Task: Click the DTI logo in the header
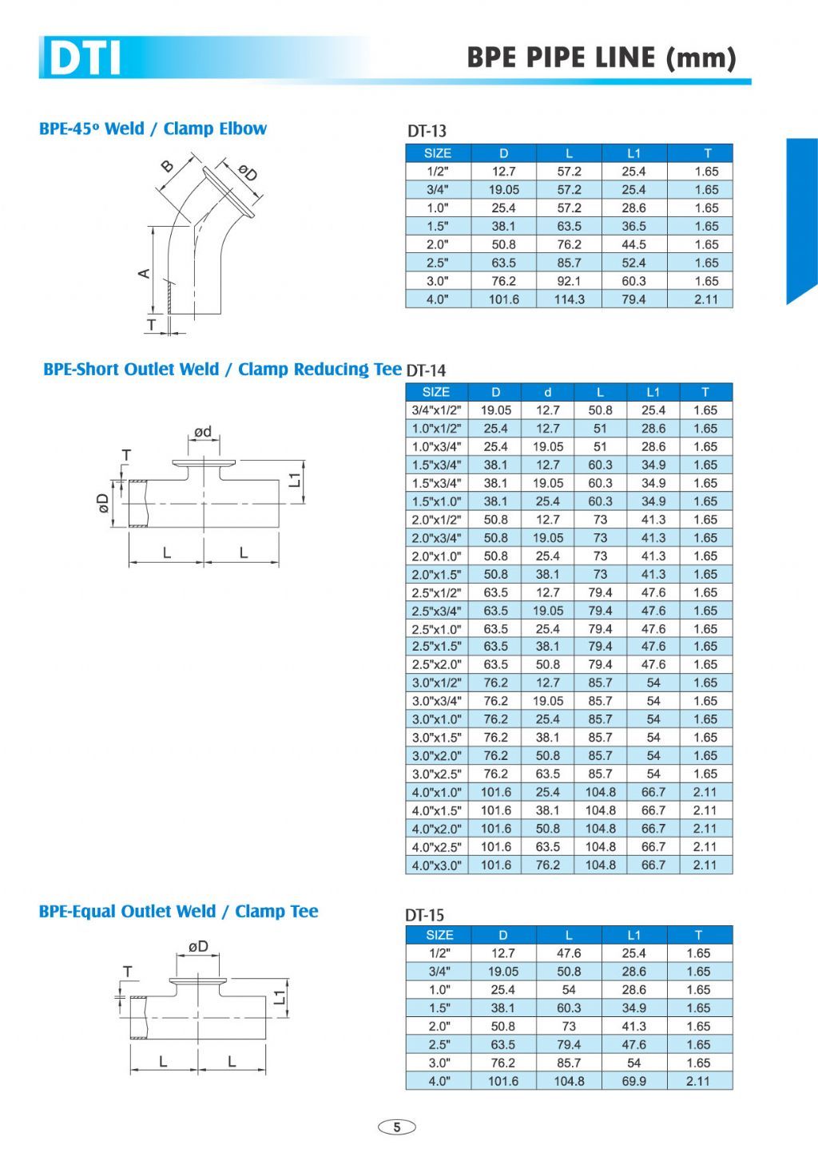click(84, 58)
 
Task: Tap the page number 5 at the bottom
click(397, 1127)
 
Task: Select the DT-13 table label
click(427, 131)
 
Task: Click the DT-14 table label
click(426, 370)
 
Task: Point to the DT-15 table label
click(424, 915)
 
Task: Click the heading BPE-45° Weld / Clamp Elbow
click(153, 129)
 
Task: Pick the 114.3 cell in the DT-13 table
click(569, 299)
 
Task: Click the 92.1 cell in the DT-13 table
click(569, 281)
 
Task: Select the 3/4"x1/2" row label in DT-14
click(436, 410)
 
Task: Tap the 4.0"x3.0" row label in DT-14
click(436, 865)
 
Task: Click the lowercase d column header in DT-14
click(547, 392)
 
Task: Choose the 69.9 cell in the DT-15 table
click(633, 1081)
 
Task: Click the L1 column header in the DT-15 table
click(633, 935)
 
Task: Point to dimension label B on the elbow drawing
click(168, 166)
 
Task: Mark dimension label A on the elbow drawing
click(145, 273)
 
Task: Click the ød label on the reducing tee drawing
click(203, 432)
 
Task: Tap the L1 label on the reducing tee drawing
click(295, 479)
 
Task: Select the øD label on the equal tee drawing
click(198, 946)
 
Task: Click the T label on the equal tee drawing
click(127, 972)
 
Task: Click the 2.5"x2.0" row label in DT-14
click(436, 665)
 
